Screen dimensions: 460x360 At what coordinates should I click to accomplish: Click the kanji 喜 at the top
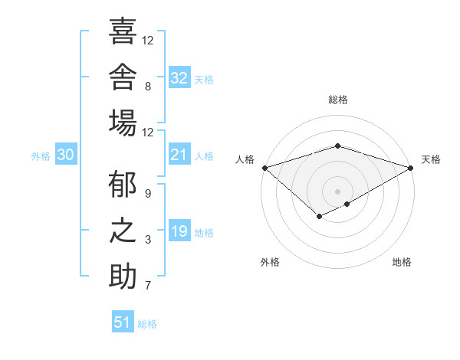pyautogui.click(x=123, y=31)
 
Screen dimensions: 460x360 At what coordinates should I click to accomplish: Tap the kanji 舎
pyautogui.click(x=123, y=77)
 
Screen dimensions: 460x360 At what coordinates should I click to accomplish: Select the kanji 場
pyautogui.click(x=123, y=123)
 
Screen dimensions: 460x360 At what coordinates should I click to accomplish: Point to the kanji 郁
pyautogui.click(x=123, y=184)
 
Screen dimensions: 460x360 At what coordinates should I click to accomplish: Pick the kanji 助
pyautogui.click(x=123, y=276)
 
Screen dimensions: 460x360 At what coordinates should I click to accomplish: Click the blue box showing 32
pyautogui.click(x=179, y=77)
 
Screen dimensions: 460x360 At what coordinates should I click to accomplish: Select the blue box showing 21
pyautogui.click(x=179, y=154)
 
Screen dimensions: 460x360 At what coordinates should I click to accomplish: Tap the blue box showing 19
pyautogui.click(x=179, y=230)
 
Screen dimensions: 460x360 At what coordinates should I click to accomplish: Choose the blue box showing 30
pyautogui.click(x=66, y=154)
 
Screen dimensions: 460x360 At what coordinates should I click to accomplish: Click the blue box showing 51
pyautogui.click(x=123, y=321)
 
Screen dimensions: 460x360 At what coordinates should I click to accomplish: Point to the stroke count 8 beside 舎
pyautogui.click(x=148, y=87)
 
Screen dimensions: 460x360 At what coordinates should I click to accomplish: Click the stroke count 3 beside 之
pyautogui.click(x=148, y=240)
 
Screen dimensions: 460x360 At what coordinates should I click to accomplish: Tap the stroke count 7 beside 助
pyautogui.click(x=148, y=285)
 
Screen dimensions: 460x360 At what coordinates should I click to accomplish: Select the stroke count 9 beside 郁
pyautogui.click(x=148, y=194)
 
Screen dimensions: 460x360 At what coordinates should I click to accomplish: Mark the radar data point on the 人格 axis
pyautogui.click(x=265, y=168)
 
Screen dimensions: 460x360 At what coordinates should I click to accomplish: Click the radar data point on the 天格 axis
pyautogui.click(x=411, y=168)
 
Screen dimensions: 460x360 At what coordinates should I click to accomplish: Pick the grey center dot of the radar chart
pyautogui.click(x=337, y=191)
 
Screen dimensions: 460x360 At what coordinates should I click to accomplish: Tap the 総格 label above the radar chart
pyautogui.click(x=338, y=100)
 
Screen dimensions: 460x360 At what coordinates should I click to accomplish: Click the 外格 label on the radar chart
pyautogui.click(x=270, y=262)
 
